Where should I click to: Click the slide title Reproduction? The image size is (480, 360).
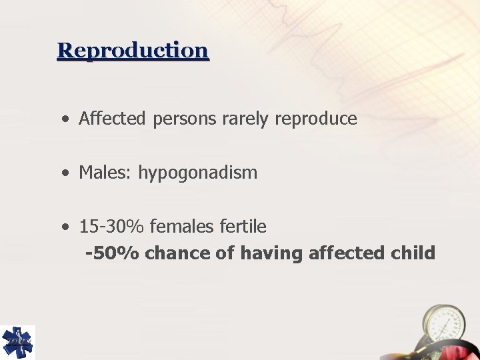coord(133,51)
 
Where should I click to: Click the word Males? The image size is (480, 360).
coord(106,173)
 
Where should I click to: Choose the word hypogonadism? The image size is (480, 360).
coord(197,173)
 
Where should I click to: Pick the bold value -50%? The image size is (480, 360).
coord(112,253)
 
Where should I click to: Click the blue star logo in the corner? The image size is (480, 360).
coord(17,342)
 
